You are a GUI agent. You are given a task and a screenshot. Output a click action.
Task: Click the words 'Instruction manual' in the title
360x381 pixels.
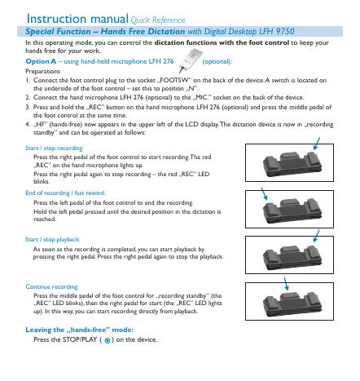[77, 19]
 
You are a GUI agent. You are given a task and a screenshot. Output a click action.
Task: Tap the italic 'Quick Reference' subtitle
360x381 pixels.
[158, 20]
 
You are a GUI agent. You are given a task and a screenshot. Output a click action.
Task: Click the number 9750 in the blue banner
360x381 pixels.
[285, 31]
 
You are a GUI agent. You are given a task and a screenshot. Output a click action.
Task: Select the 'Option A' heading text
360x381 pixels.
[41, 61]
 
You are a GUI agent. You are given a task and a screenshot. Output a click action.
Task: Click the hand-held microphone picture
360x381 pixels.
[191, 60]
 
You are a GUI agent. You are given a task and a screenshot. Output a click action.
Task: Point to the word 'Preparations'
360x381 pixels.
[42, 71]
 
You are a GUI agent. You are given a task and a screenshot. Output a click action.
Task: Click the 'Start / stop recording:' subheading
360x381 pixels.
[55, 148]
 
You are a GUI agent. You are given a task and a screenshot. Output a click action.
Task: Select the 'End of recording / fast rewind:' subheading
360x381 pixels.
[65, 193]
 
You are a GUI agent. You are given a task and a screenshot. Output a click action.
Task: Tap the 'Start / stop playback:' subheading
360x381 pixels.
[52, 239]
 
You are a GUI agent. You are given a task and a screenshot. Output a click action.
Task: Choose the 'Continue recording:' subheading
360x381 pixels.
[52, 286]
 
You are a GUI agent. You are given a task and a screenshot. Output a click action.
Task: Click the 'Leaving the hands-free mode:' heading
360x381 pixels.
[79, 330]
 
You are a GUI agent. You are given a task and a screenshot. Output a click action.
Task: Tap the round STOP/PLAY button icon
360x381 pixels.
[108, 340]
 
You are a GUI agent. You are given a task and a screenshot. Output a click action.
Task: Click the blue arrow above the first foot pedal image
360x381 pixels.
[317, 144]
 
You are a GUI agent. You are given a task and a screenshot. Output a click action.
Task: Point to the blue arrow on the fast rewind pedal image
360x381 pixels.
[264, 193]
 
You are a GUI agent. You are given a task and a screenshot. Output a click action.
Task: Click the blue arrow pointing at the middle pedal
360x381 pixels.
[286, 284]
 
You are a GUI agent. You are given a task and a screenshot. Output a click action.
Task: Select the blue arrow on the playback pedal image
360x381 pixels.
[316, 236]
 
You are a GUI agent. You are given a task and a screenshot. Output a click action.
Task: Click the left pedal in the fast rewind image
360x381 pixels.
[270, 210]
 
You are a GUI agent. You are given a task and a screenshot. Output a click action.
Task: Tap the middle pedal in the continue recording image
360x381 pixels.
[290, 295]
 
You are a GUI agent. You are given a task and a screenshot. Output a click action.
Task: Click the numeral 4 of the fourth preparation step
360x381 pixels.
[28, 124]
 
